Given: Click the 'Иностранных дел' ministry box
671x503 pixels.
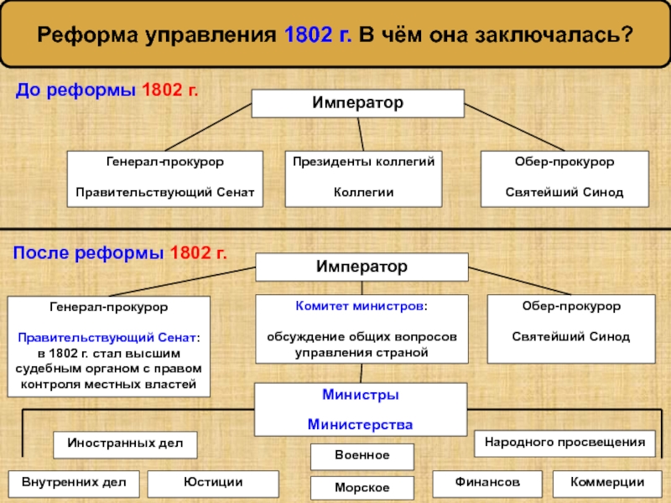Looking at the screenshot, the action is click(126, 444).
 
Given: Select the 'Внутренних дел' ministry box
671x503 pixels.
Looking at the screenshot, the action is click(74, 483).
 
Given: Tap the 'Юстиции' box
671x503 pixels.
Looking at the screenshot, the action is click(213, 483).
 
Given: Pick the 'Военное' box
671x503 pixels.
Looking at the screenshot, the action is click(362, 456).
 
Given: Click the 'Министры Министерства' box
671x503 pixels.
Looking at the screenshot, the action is click(360, 409).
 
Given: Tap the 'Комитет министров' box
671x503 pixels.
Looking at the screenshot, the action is click(360, 329).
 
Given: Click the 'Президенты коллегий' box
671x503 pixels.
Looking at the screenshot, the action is click(363, 178).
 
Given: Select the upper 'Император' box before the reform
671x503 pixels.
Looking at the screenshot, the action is click(358, 104).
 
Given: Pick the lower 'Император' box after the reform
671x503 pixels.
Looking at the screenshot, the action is click(362, 267).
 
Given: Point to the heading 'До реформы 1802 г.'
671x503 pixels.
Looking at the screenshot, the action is click(107, 89).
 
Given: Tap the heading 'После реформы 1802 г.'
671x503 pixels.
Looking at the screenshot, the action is click(121, 251).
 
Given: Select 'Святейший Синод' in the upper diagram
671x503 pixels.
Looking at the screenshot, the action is click(564, 193).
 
